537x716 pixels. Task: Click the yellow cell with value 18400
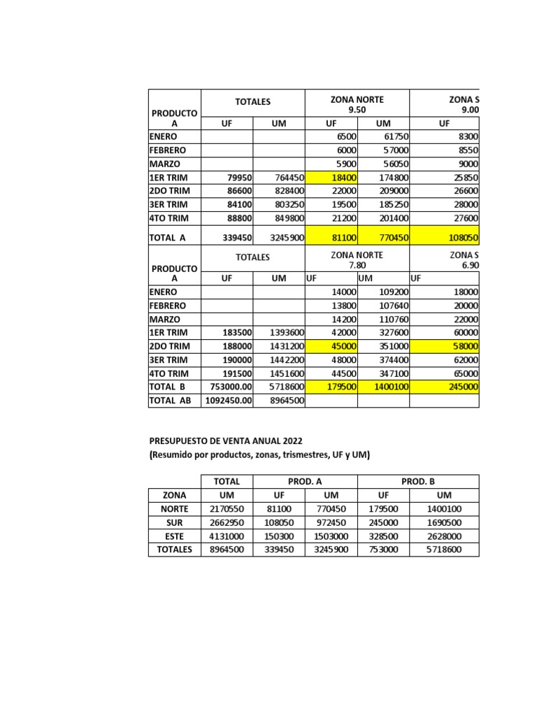331,178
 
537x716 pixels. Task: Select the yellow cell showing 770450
383,238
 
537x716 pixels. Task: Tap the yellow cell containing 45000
331,346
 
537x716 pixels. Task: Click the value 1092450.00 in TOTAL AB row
227,401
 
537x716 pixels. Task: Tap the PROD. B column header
418,482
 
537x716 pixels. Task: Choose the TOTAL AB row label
170,401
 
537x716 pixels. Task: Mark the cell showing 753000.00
227,387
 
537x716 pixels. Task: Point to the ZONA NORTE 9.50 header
357,105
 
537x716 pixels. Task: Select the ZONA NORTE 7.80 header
357,260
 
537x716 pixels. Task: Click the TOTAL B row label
168,387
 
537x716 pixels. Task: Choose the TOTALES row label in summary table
175,550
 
